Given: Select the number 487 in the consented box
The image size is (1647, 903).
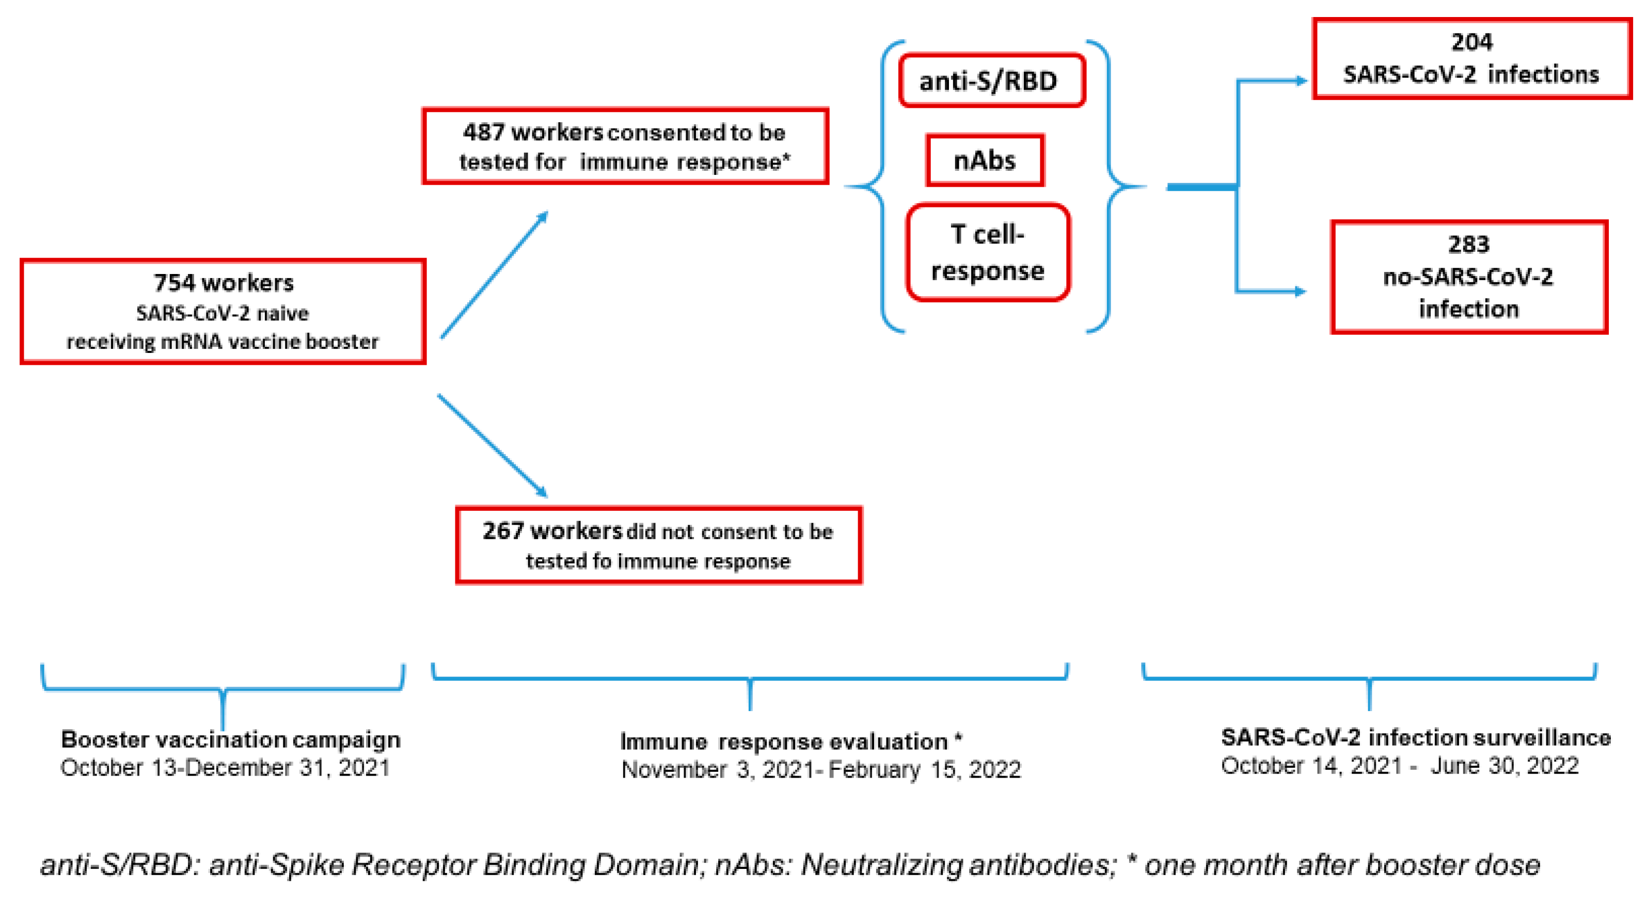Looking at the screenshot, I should point(483,132).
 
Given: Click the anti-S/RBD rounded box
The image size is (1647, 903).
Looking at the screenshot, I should point(990,81).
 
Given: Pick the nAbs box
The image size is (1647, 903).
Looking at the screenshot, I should point(985,160).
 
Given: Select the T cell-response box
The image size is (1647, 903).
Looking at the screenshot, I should point(988,253).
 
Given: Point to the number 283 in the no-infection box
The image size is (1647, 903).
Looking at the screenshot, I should point(1468,244).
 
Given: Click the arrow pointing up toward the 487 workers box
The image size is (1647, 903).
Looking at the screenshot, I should point(494,275).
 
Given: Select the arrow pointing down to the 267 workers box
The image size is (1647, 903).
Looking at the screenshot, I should point(493,445).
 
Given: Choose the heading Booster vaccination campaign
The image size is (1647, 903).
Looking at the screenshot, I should point(230,739).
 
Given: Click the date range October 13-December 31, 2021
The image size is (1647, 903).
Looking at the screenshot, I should point(225,767).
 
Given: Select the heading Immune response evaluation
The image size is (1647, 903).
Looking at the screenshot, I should point(790,741).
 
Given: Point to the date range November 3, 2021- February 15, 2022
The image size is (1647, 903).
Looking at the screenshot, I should point(821,769).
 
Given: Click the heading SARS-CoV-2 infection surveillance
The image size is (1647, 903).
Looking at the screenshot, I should point(1416,737).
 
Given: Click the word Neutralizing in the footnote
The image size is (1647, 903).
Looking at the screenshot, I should point(882,865).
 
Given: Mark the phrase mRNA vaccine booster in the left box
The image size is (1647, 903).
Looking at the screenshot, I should point(269,342).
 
